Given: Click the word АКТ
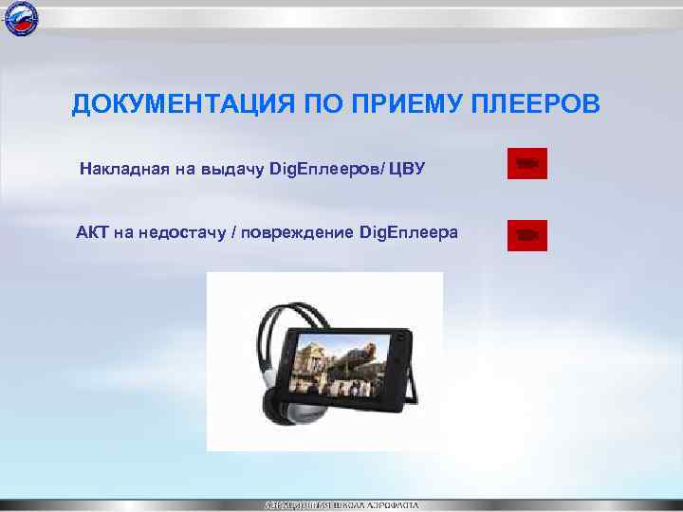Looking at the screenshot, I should point(92,233).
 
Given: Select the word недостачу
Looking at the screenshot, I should point(177,233).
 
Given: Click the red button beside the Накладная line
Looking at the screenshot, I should point(526,164).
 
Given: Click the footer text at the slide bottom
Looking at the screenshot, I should point(341,504).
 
